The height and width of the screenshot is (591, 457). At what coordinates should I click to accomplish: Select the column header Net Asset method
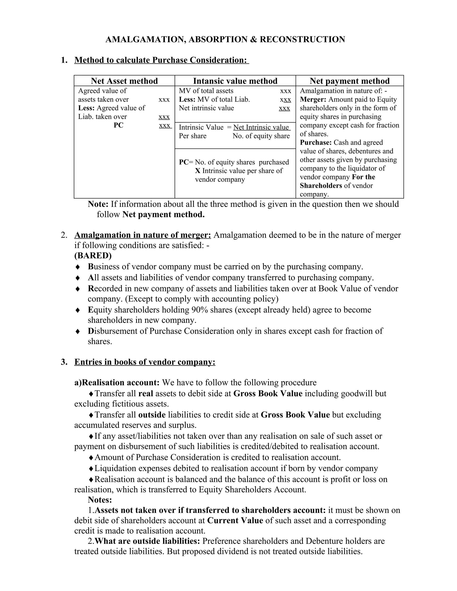coord(124,81)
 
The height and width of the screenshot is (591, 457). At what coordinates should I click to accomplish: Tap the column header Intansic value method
coord(235,81)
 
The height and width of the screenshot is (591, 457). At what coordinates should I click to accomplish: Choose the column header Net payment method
coord(349,81)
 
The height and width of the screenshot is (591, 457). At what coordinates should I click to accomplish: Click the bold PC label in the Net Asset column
coord(118,125)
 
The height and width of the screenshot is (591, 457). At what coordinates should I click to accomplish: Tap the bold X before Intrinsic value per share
coord(198,171)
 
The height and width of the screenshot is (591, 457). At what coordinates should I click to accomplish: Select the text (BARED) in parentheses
coord(93,255)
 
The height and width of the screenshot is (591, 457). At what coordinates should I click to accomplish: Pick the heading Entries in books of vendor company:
coord(145,362)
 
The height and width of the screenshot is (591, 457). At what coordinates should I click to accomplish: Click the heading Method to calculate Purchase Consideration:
coord(161,60)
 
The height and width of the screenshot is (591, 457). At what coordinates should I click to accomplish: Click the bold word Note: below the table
coord(98,204)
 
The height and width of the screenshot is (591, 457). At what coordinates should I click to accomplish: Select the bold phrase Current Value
coord(235,520)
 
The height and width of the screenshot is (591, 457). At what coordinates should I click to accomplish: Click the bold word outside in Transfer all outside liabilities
coord(152,415)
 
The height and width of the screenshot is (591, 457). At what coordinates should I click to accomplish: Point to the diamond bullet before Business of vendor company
coord(78,267)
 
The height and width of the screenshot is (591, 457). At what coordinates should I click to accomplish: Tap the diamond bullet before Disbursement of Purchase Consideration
coord(78,331)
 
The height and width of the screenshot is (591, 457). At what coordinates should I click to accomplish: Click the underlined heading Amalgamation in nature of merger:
coord(142,235)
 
